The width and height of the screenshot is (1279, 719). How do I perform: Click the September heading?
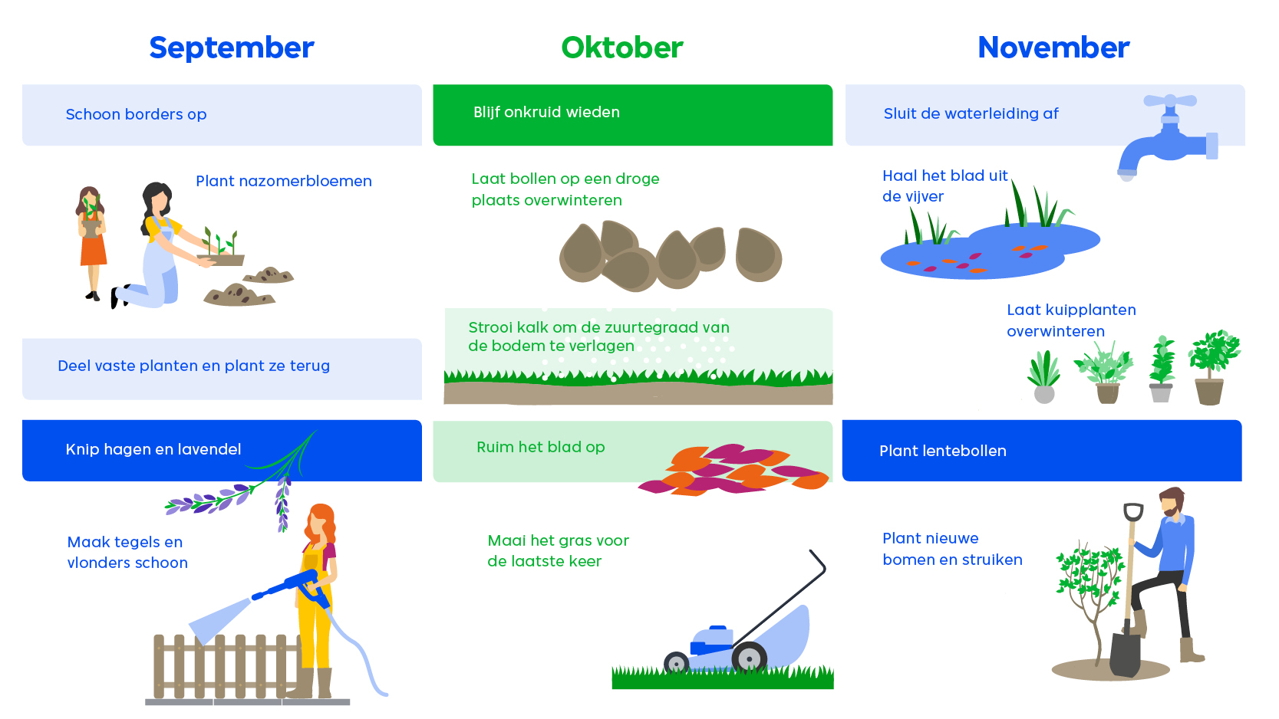(231, 48)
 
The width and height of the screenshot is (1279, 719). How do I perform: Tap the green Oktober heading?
(621, 48)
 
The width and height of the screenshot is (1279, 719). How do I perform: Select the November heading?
(1053, 48)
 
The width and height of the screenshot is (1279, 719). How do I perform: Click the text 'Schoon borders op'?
(136, 115)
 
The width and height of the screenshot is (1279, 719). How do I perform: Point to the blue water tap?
(1168, 137)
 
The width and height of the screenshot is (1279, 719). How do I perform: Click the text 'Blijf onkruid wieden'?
(546, 113)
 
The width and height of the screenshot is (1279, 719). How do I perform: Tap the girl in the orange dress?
(91, 242)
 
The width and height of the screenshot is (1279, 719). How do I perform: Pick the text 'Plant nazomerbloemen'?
(284, 182)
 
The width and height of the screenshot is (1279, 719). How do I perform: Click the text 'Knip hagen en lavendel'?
(153, 450)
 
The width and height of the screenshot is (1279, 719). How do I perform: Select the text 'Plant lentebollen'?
(943, 451)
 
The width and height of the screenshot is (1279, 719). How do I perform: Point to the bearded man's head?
(1172, 502)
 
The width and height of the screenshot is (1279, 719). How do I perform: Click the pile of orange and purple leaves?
(733, 469)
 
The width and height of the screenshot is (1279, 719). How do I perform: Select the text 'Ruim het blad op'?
(541, 448)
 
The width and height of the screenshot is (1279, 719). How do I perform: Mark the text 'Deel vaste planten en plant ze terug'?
(193, 366)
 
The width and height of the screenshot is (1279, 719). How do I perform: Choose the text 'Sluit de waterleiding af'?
(971, 113)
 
